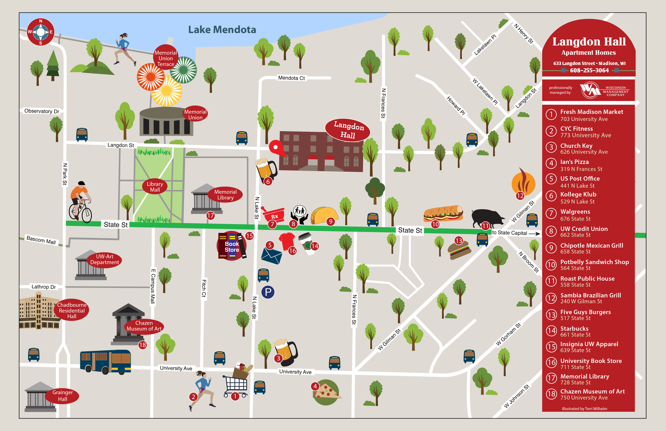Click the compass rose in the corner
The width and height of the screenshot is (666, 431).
tap(41, 32)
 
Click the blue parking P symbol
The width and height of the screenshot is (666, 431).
tap(268, 292)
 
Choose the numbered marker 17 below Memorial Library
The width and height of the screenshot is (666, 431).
tap(210, 215)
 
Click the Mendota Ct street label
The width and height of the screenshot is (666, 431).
tap(291, 78)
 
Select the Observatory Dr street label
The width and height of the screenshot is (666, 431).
tap(42, 111)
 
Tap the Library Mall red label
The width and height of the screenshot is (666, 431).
tap(155, 187)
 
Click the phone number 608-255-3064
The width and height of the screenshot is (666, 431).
tap(589, 70)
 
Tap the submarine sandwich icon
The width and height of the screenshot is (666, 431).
tap(443, 213)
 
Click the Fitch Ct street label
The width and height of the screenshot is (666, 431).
tap(204, 288)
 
